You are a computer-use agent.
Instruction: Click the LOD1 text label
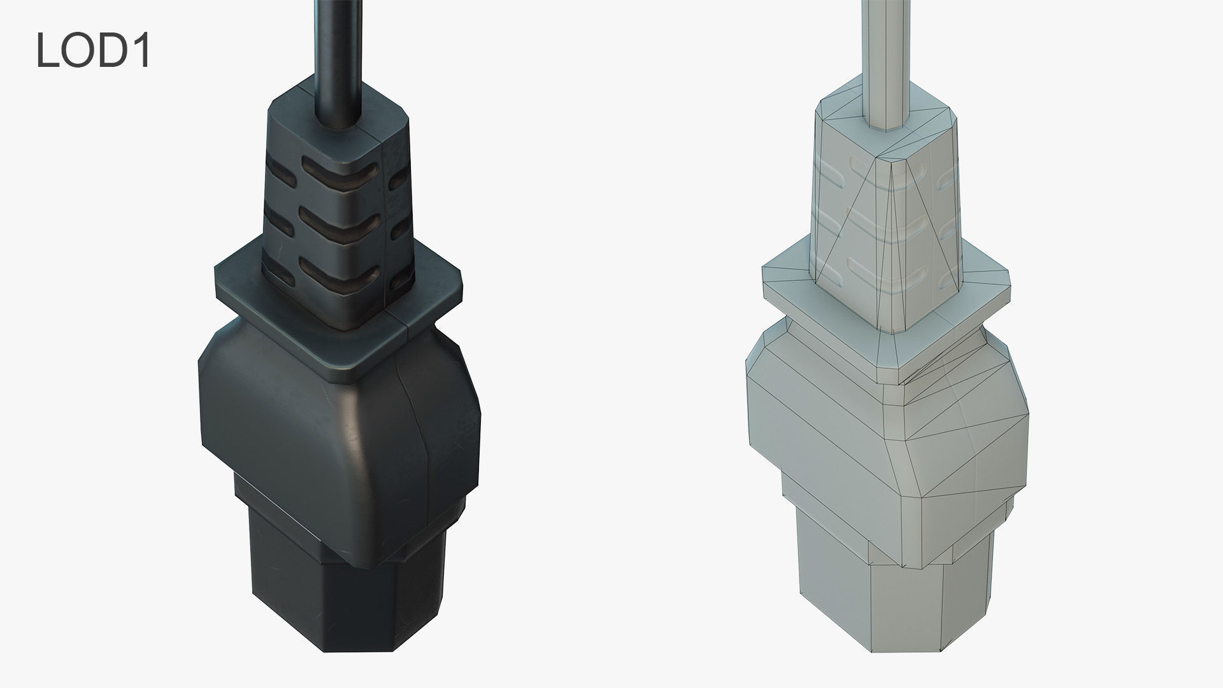tap(93, 50)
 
